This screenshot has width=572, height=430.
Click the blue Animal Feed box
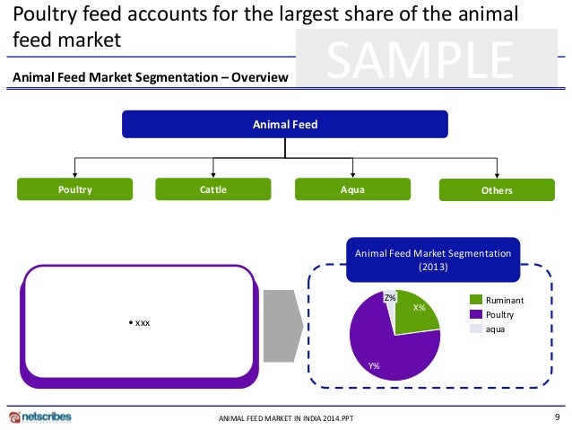click(x=284, y=124)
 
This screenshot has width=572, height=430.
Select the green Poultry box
click(x=75, y=189)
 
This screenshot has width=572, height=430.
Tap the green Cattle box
click(x=213, y=189)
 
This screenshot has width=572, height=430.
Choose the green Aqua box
click(x=352, y=189)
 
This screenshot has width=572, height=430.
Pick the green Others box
click(x=496, y=190)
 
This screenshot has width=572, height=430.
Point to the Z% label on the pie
click(x=390, y=297)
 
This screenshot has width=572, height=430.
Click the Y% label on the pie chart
click(x=375, y=365)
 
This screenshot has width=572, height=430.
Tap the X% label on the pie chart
click(x=419, y=308)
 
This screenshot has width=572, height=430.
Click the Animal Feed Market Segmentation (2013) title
click(x=433, y=260)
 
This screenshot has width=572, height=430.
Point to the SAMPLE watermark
click(x=419, y=60)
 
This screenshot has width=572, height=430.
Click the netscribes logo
click(x=39, y=417)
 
